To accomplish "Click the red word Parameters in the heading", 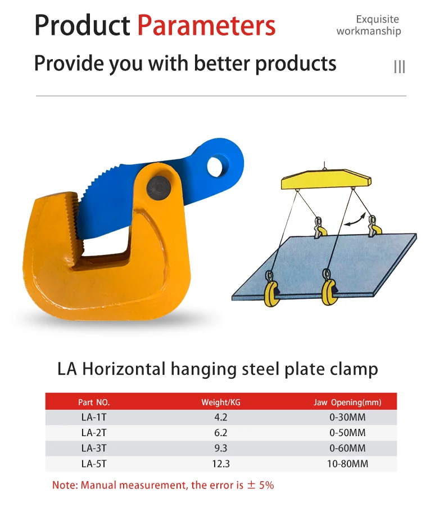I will [x=206, y=26].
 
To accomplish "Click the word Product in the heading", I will [x=82, y=26].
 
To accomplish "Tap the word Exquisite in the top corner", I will [x=377, y=20].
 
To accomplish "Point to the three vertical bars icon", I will [x=399, y=67].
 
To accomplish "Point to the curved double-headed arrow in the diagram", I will [x=353, y=219].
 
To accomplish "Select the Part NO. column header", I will [x=94, y=402].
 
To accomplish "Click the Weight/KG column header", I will [x=220, y=402].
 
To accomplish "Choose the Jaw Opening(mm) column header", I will [x=347, y=402].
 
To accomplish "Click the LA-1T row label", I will [x=94, y=418].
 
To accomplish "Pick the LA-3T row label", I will [x=94, y=449].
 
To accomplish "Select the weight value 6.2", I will [x=220, y=433].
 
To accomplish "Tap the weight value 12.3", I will [x=220, y=464].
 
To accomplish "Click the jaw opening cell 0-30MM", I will [x=347, y=418].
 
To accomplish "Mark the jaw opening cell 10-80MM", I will [x=347, y=464].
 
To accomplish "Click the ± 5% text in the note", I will [x=259, y=485].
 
